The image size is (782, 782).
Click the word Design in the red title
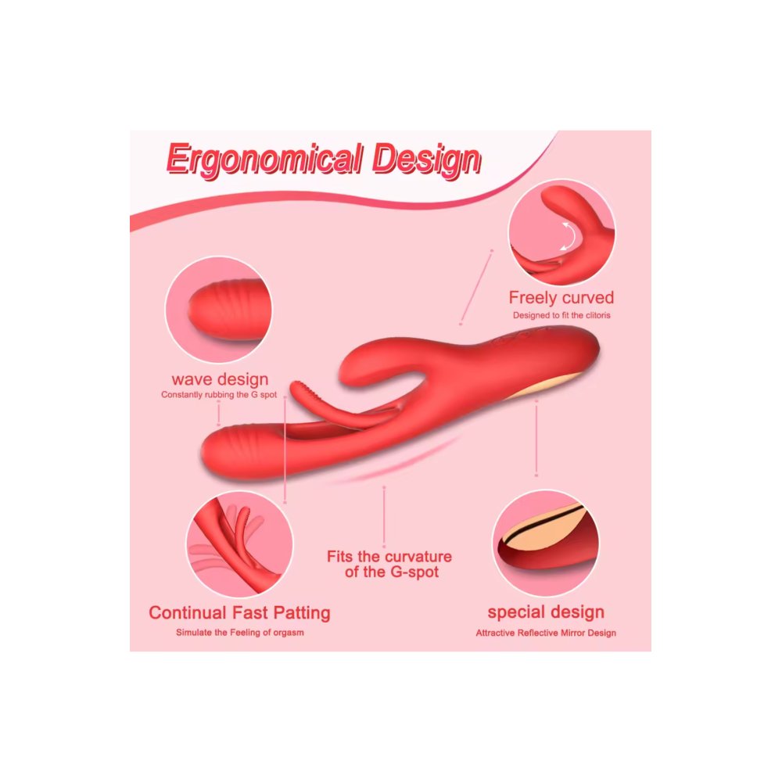pos(427,160)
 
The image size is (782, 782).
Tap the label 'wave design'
pos(220,379)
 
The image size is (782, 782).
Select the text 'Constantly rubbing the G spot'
pos(219,395)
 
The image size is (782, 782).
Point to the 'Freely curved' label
pos(561,298)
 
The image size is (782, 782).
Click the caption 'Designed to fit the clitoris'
pos(561,315)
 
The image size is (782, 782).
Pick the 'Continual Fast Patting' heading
pos(239,612)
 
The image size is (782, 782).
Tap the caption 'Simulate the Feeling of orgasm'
pos(240,633)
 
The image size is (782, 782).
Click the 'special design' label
pos(546,612)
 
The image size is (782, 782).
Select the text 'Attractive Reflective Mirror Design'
pos(546,633)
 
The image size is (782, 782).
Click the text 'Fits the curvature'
pos(389,557)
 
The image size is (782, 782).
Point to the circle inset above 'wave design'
pos(218,310)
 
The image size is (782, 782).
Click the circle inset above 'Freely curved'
pos(561,232)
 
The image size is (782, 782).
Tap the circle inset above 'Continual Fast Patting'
pos(239,544)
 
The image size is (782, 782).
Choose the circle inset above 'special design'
pos(546,543)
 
